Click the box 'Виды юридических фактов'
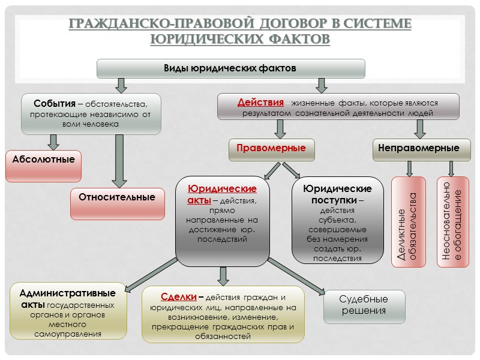[x=231, y=68]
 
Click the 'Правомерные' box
[x=271, y=148]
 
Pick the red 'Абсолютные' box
[x=44, y=160]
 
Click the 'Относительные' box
[x=117, y=197]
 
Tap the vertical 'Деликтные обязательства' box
[x=409, y=222]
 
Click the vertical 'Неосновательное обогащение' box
[x=453, y=222]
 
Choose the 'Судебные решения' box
[x=364, y=305]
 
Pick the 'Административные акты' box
[x=68, y=311]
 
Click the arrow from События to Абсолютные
[x=53, y=142]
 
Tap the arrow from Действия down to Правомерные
[x=279, y=128]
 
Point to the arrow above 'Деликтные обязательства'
[x=409, y=168]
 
